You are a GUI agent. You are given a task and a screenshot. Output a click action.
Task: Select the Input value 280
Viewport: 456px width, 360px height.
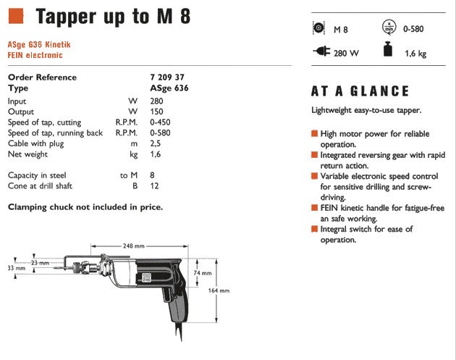coord(156,102)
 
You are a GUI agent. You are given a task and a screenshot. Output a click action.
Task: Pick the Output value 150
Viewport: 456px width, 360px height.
coord(156,112)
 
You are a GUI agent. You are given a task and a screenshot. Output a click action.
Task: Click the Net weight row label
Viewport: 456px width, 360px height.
coord(28,154)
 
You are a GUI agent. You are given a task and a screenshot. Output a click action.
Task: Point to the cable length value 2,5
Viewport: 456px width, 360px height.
coord(155,143)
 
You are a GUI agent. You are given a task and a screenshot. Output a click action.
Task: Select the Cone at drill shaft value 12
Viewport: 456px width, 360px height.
coord(153,186)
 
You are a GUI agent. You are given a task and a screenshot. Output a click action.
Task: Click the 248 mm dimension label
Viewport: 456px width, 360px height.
coord(132,245)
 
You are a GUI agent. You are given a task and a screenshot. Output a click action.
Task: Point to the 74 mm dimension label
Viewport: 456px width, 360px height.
coord(203,273)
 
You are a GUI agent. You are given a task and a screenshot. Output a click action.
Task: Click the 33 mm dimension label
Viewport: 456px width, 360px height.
coord(16,269)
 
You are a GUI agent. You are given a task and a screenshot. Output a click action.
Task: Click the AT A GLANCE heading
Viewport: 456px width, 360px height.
coord(360,91)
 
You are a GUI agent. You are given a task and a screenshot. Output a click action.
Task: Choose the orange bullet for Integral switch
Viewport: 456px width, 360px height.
coord(315,229)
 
